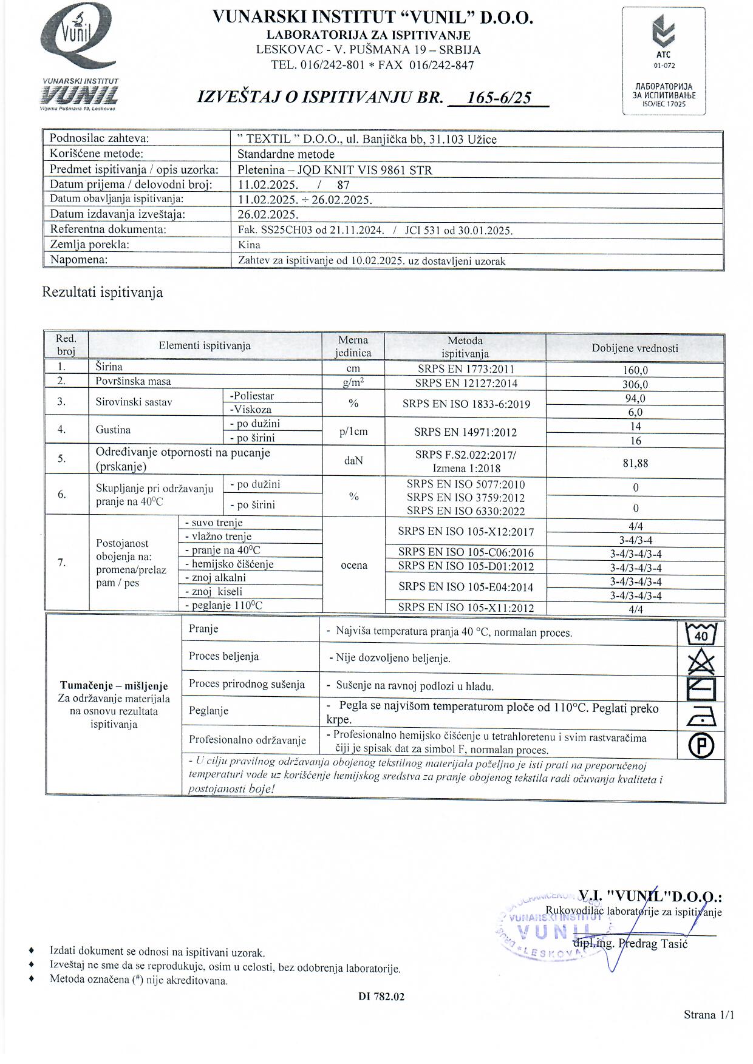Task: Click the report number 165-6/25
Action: tap(499, 97)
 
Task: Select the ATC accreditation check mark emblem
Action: tap(663, 33)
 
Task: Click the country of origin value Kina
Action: tap(249, 245)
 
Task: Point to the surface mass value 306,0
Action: tap(635, 384)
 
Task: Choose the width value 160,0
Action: tap(635, 370)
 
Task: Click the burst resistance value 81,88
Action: tap(635, 463)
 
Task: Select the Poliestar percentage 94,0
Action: tap(635, 398)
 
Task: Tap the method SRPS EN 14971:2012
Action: tap(465, 432)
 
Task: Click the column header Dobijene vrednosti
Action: tap(635, 348)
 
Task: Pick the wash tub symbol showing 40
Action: tap(701, 634)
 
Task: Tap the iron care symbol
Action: tap(701, 717)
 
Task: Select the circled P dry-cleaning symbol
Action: tap(701, 745)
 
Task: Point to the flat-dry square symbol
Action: tap(701, 689)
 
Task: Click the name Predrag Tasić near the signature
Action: tap(653, 944)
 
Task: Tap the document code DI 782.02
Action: tap(381, 997)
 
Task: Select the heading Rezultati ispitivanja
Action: tap(102, 293)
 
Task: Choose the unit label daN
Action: tap(353, 461)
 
